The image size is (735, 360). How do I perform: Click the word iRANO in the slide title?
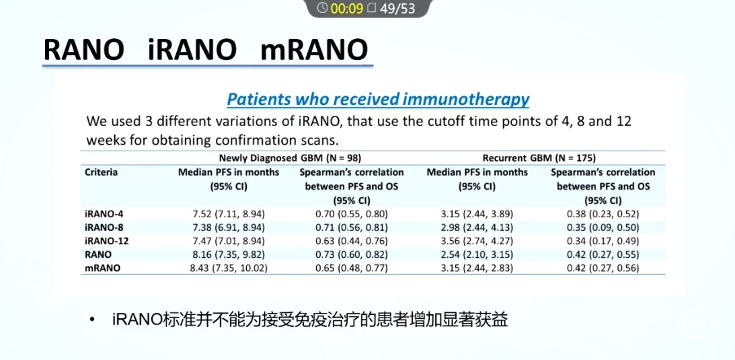click(x=192, y=49)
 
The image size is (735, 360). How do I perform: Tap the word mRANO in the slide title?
click(x=313, y=49)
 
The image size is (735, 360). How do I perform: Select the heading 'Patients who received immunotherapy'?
click(x=378, y=100)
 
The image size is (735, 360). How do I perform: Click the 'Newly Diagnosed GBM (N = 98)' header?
click(x=290, y=158)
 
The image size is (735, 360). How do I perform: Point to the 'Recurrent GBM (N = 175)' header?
click(x=539, y=158)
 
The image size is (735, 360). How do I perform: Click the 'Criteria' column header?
click(x=102, y=172)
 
